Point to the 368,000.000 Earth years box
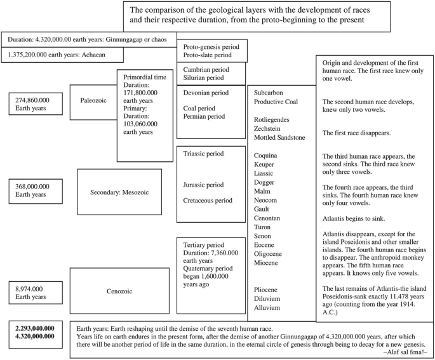pos(36,190)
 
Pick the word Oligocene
pos(272,251)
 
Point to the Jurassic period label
pos(203,185)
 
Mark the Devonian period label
pos(205,93)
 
